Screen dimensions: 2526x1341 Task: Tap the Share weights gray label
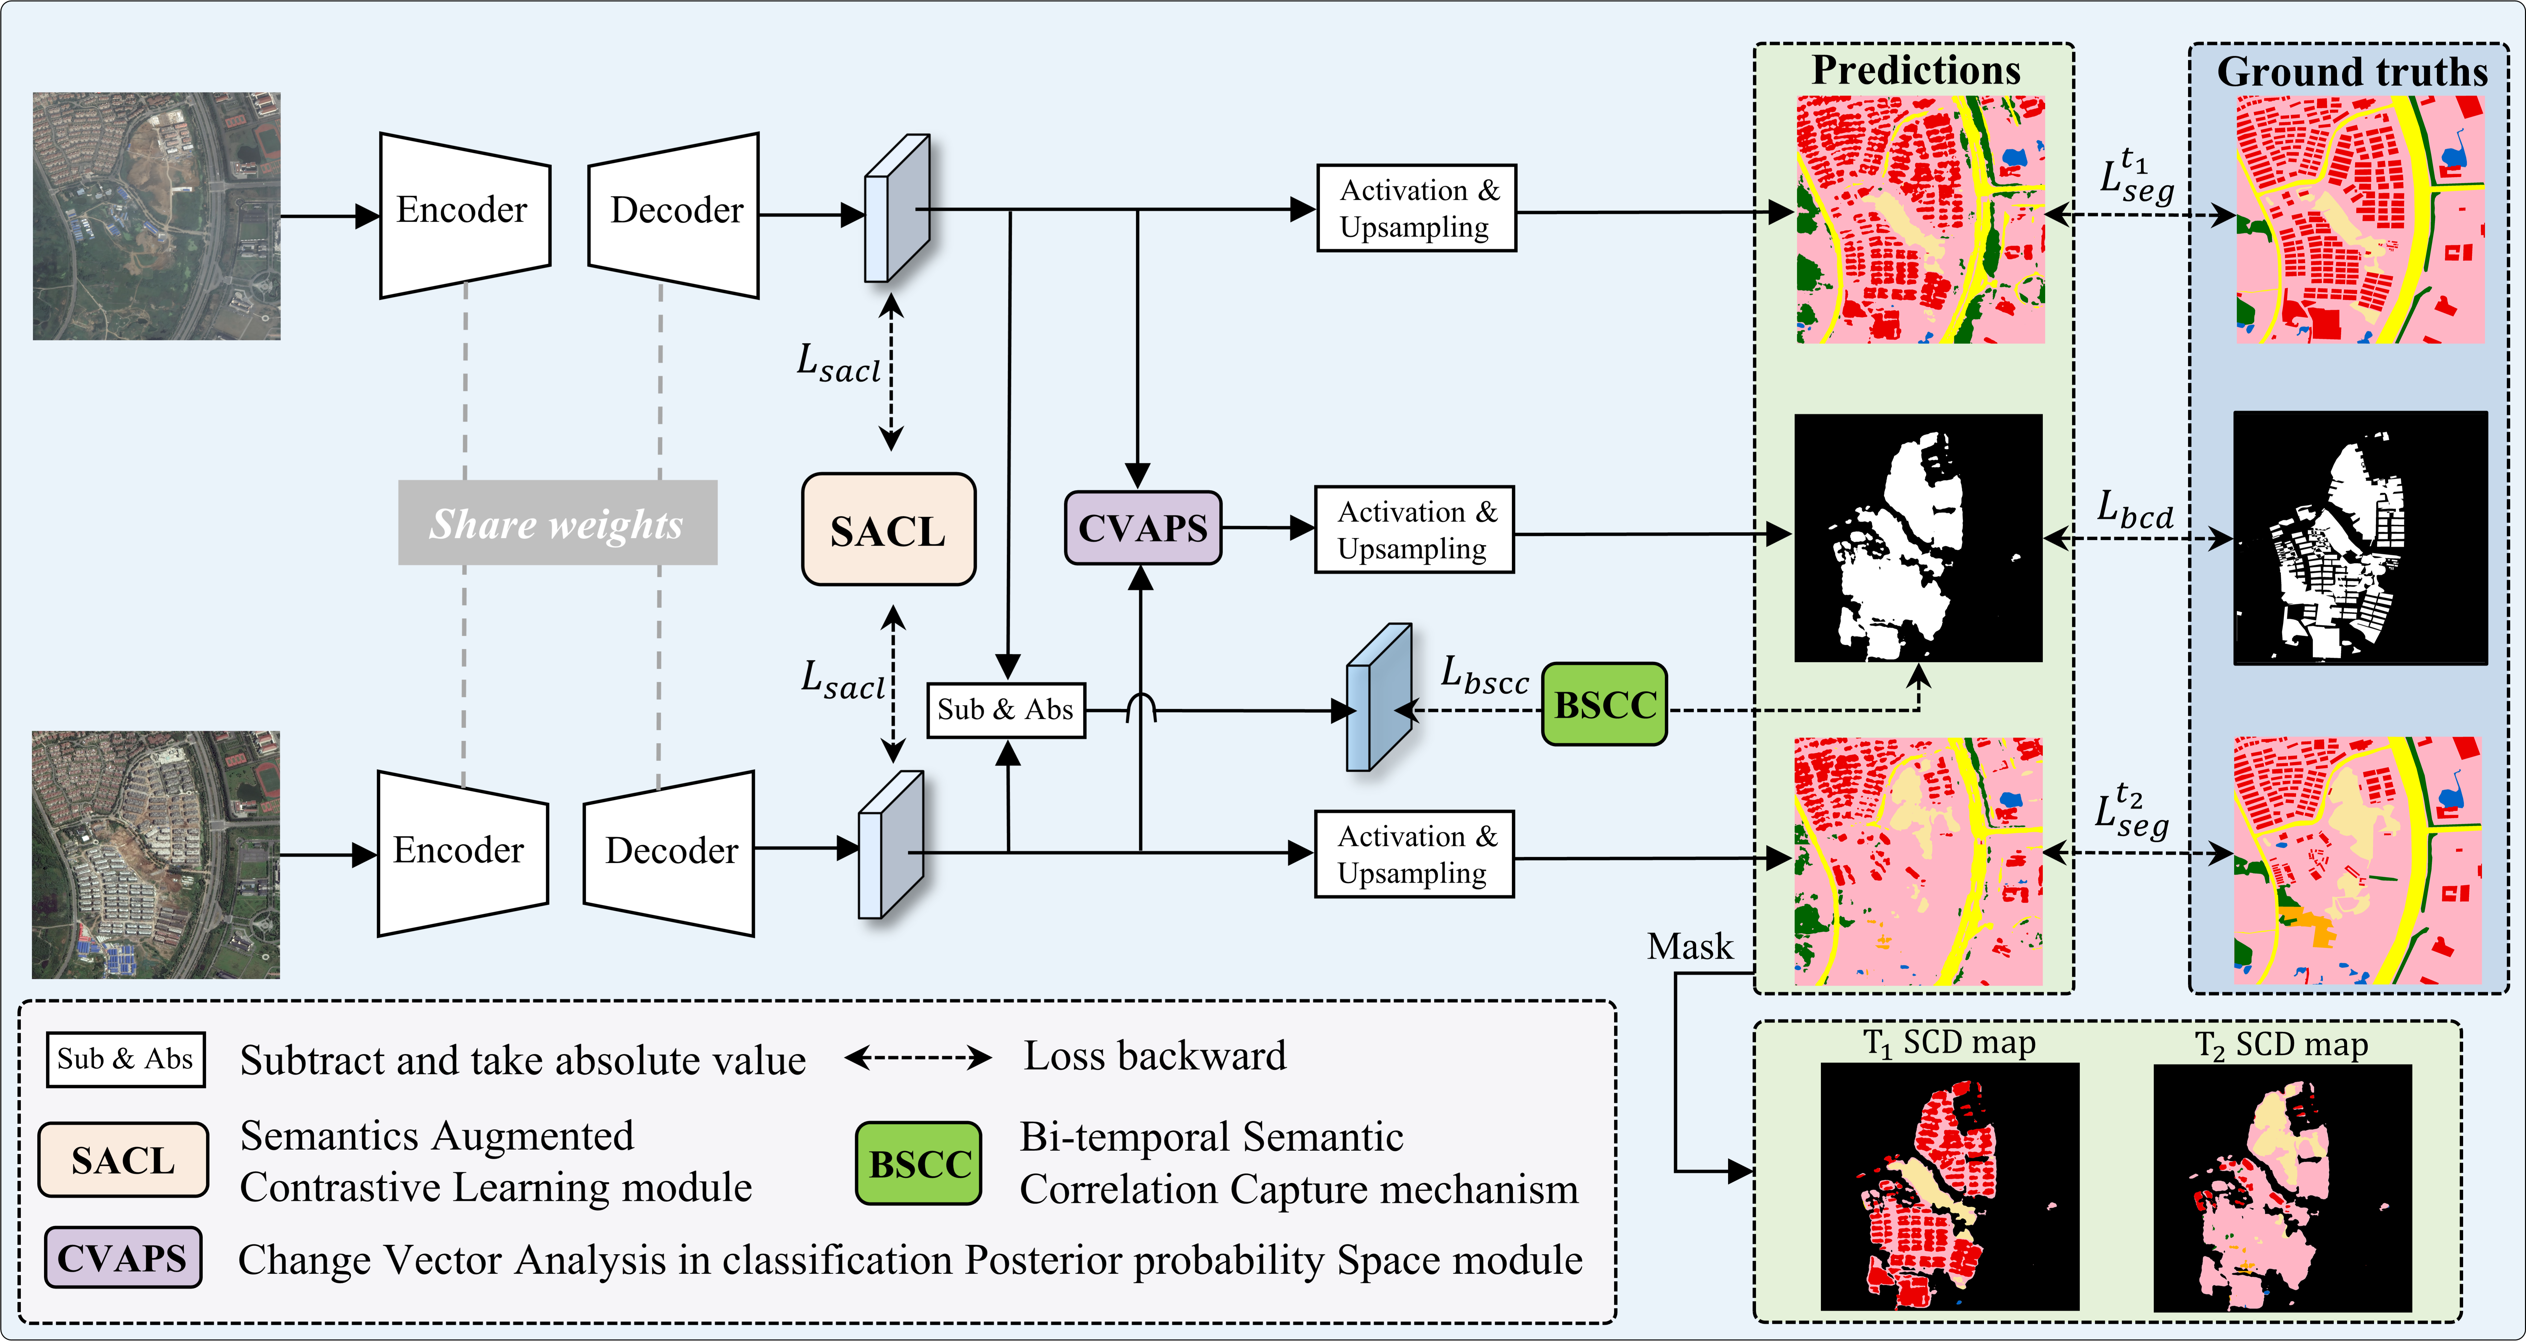click(x=557, y=523)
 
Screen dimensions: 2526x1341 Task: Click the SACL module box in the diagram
click(x=888, y=530)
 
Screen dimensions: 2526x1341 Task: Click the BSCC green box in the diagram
click(x=1604, y=704)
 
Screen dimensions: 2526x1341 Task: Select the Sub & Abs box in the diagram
click(x=1006, y=709)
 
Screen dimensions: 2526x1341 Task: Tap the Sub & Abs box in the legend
click(x=125, y=1059)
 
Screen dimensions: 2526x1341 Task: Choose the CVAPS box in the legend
click(x=123, y=1258)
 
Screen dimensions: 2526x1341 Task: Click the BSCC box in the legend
click(x=919, y=1163)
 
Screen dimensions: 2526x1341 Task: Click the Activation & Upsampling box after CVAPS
click(x=1414, y=530)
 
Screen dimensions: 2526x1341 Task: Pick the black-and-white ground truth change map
click(x=2360, y=538)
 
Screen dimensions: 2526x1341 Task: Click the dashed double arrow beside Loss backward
click(x=918, y=1057)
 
